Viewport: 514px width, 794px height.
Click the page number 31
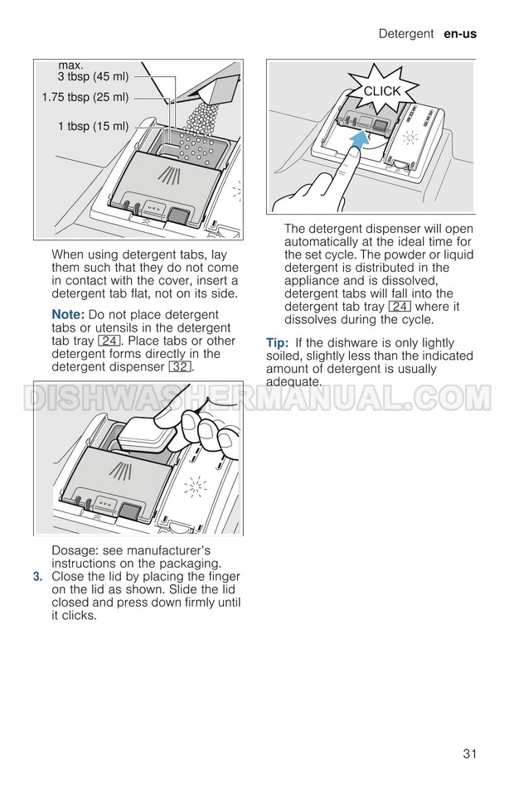[x=469, y=754]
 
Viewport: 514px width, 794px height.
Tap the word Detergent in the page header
[x=406, y=34]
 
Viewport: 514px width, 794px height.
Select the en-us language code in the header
[x=460, y=34]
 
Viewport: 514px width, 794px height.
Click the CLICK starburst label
[x=382, y=91]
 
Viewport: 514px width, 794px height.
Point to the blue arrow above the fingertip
[x=359, y=138]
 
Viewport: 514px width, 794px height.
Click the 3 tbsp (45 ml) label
[x=93, y=76]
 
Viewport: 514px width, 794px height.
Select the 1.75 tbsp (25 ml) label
[x=85, y=97]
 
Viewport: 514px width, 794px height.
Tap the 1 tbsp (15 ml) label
[x=93, y=126]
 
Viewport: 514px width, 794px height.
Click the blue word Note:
[x=68, y=315]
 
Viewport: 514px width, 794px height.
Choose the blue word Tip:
[x=277, y=343]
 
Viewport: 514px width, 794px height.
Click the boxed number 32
[x=180, y=366]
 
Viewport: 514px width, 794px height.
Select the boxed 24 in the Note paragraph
[x=109, y=341]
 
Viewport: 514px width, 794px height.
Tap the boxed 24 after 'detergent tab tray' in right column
[x=400, y=307]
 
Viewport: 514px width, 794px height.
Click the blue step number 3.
[x=37, y=577]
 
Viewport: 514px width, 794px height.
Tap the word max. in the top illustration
[x=71, y=65]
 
